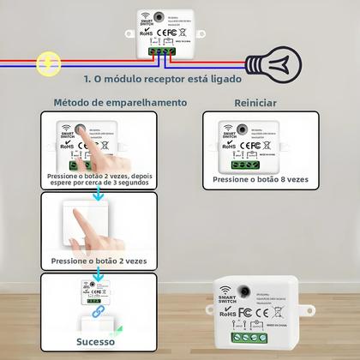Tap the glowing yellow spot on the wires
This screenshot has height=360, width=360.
tap(48, 63)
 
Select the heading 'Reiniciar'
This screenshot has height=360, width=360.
tap(255, 102)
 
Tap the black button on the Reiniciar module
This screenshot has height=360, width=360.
tap(244, 125)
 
